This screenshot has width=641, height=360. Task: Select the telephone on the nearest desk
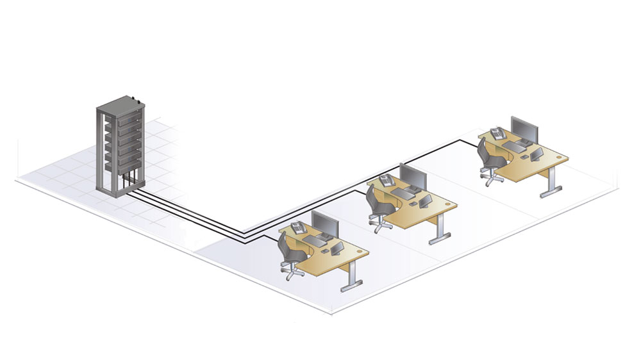coord(299,227)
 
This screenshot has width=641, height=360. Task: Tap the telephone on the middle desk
coord(387,180)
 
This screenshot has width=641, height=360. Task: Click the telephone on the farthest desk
coord(497,134)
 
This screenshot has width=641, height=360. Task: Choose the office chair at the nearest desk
coord(290,254)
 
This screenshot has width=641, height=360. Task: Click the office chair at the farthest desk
coord(488,160)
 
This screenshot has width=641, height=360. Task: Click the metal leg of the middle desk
coord(438,231)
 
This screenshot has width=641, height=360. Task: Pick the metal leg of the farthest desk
coord(549,184)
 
